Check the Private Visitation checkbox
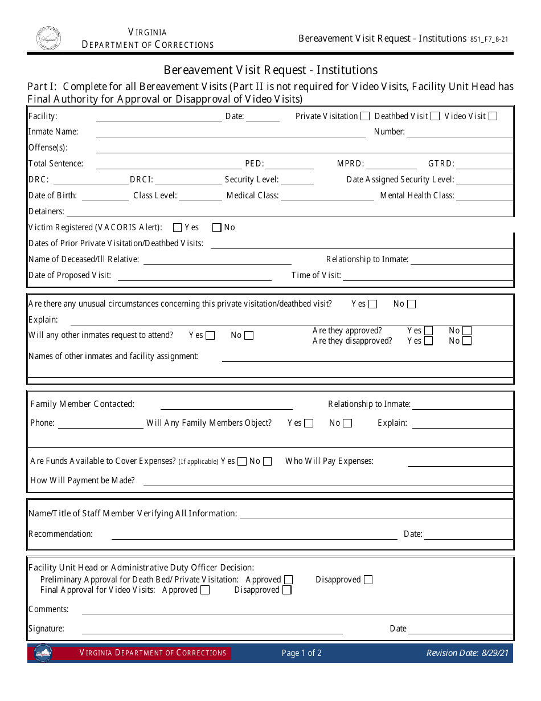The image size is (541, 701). point(365,116)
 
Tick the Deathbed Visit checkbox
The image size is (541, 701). point(435,116)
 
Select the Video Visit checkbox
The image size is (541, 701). point(493,116)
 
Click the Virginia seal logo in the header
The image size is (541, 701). point(49,39)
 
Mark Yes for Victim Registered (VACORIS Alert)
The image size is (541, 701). point(177,228)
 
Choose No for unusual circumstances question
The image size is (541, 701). point(411,304)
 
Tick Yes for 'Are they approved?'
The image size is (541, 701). point(428,331)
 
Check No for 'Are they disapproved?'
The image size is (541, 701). point(467,341)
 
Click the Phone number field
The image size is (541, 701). point(100,423)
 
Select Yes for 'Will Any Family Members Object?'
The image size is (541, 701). point(309,423)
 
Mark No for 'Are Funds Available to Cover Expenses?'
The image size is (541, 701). point(267,462)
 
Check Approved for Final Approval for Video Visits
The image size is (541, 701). point(205,590)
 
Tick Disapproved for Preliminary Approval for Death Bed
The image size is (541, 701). point(368,580)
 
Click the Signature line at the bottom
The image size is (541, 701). point(212,629)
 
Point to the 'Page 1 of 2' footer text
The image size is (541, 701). point(301,653)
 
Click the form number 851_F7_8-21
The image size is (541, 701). point(489,39)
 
